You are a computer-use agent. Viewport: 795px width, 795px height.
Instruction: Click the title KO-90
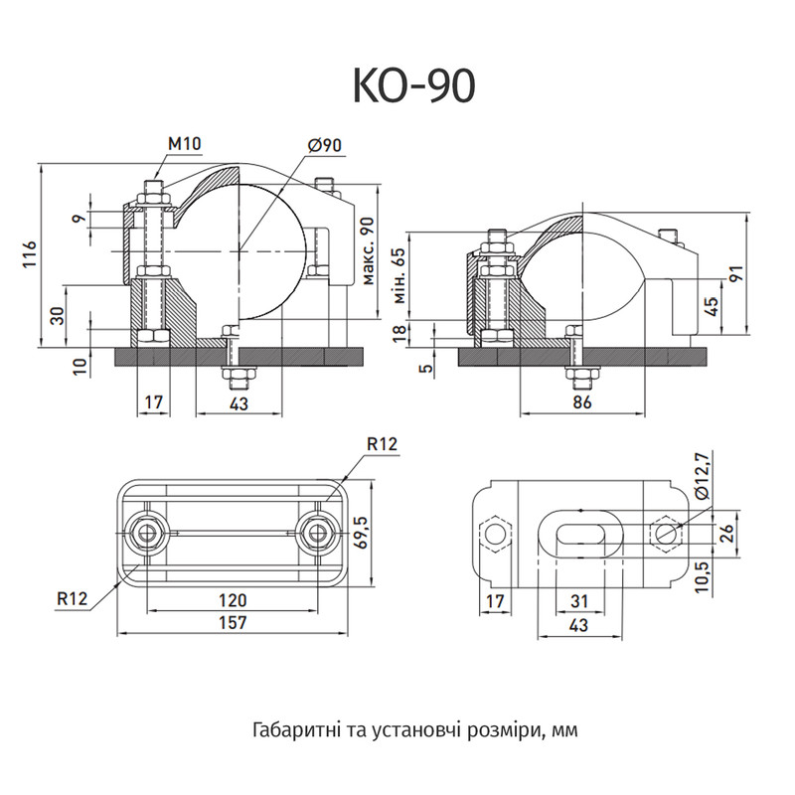[413, 85]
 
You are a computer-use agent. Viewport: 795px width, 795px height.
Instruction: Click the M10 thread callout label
[185, 144]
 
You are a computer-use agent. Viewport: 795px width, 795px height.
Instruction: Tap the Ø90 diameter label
[325, 145]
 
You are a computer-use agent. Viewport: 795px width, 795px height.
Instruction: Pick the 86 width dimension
[582, 402]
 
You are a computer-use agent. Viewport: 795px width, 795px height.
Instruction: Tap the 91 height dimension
[737, 273]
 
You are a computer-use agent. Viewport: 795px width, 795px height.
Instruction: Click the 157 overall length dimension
[233, 623]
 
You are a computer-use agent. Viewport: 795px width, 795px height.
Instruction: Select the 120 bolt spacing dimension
[233, 600]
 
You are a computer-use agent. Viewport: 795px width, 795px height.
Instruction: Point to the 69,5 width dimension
[363, 532]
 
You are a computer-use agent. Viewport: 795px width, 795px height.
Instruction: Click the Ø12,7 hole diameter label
[705, 476]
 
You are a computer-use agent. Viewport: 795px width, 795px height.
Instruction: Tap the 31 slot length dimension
[579, 601]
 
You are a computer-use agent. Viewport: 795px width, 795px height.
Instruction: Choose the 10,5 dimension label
[704, 576]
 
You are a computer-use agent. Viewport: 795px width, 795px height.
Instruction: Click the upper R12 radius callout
[383, 444]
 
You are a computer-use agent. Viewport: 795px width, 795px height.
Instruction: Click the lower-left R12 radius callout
[72, 599]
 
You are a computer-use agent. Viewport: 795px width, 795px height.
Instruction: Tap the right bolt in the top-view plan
[317, 533]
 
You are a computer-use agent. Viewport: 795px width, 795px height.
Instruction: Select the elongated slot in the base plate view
[579, 534]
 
